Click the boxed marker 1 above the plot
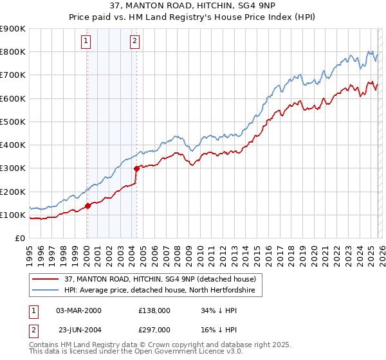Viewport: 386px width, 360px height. [x=86, y=42]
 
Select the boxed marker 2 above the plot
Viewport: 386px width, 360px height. [x=134, y=42]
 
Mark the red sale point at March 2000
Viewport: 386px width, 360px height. [x=87, y=206]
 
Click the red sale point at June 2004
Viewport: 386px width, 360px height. [x=136, y=169]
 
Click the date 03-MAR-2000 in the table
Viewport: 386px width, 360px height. [x=78, y=310]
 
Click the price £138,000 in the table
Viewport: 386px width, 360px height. [x=154, y=310]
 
